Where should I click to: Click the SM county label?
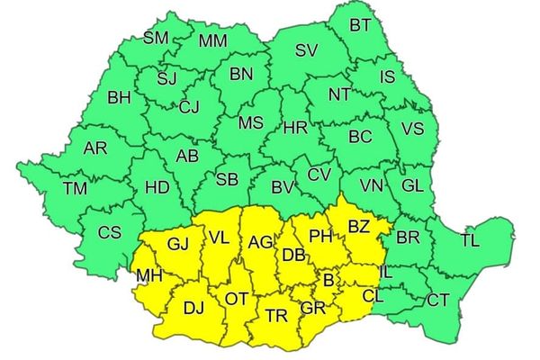tap(157, 38)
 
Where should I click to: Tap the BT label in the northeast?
tap(360, 24)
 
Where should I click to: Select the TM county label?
tap(76, 188)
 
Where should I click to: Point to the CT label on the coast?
tap(438, 300)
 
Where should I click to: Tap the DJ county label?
tap(193, 309)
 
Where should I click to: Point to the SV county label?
tap(307, 49)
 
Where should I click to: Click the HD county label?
tap(157, 187)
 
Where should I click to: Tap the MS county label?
tap(251, 122)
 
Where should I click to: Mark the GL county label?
tap(412, 185)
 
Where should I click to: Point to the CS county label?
tap(109, 232)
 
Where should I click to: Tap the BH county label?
tap(119, 97)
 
